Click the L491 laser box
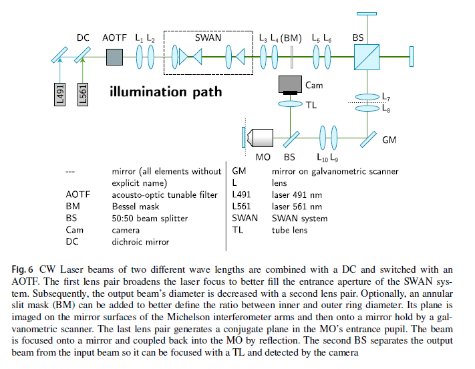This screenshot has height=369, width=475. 59,94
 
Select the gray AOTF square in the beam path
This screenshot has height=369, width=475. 114,57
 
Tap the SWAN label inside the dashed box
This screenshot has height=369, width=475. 208,38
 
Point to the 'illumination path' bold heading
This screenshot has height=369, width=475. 166,92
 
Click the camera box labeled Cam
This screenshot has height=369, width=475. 290,84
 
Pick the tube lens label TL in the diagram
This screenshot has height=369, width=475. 311,104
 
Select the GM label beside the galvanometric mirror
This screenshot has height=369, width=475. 389,140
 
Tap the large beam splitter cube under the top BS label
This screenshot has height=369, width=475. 367,58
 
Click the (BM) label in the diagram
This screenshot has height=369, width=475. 291,39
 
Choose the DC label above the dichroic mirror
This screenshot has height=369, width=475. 83,39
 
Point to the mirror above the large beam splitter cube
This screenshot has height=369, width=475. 367,13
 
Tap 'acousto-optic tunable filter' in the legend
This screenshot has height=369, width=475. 165,195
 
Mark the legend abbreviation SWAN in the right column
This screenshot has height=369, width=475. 245,218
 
